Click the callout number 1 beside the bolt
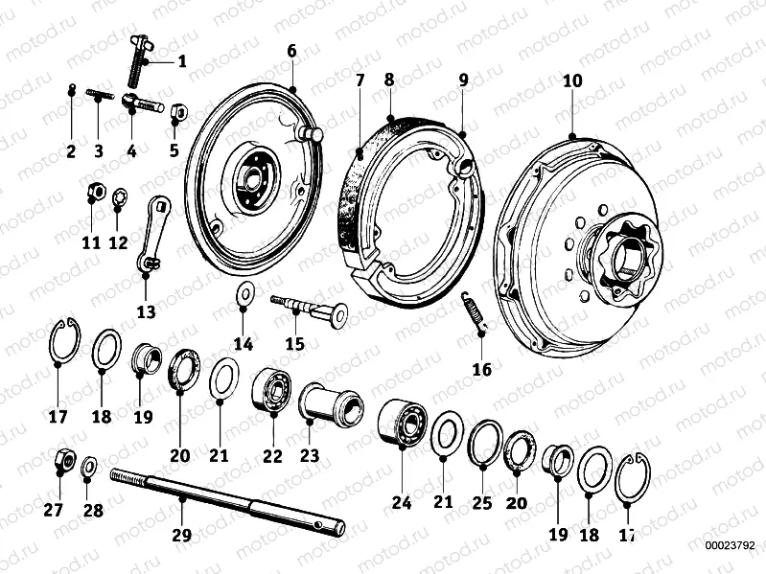point(182,62)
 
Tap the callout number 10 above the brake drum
point(572,81)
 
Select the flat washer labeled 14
point(244,292)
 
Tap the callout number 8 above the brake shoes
point(388,80)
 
